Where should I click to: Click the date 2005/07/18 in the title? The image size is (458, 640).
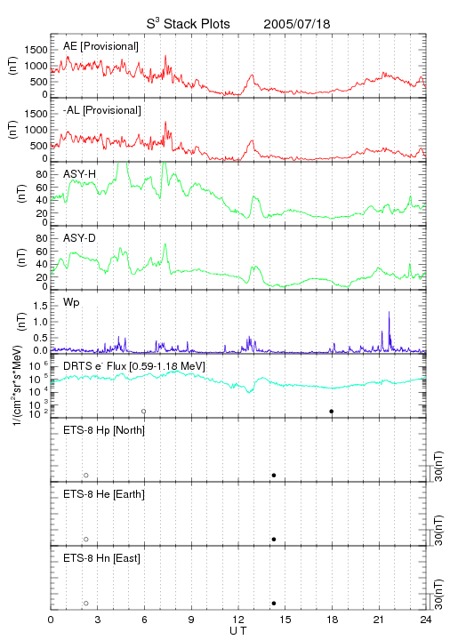296,24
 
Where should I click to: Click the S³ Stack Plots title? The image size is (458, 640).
189,24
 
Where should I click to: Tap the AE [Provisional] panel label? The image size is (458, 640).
100,46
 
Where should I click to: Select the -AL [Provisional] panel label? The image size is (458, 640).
102,110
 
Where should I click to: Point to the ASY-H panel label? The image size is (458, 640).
80,174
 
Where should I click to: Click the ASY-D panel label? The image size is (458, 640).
79,238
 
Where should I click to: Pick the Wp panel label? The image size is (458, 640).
71,302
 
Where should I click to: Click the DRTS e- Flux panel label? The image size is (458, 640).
134,366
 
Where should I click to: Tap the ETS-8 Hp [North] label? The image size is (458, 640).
104,430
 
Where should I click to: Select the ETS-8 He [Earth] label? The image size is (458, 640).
104,494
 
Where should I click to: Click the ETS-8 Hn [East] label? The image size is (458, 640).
101,558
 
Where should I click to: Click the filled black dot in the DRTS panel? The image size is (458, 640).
332,412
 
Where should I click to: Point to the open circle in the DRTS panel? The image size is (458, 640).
144,412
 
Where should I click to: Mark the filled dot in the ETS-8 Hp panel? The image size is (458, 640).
274,475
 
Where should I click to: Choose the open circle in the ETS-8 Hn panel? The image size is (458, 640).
86,604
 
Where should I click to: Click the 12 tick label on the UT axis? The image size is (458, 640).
238,620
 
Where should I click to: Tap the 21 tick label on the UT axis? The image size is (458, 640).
379,620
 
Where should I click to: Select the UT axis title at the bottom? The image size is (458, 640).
238,631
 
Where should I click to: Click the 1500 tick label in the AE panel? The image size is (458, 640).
36,50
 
